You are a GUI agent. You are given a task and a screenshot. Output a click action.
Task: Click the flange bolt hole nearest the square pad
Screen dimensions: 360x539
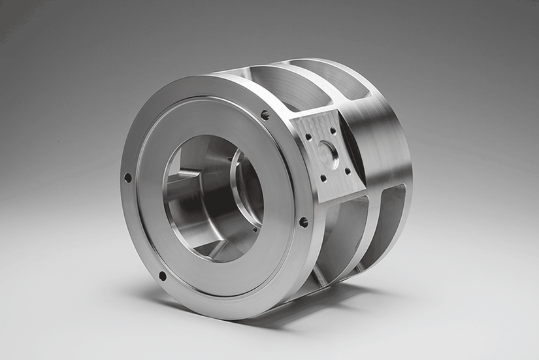pos(265,115)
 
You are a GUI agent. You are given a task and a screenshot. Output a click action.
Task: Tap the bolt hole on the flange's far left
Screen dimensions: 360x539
pos(127,177)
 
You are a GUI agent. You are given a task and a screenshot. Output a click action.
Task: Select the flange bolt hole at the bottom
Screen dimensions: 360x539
pos(162,276)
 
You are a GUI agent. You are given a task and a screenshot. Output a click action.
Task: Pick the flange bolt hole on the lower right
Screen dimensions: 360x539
pos(303,222)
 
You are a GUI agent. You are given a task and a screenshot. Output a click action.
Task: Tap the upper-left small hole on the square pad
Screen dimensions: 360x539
pos(307,137)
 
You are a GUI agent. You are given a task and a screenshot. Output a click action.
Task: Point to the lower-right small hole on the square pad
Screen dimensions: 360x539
pos(348,171)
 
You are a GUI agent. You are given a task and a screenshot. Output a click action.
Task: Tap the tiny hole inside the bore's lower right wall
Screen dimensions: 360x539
pos(253,229)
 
